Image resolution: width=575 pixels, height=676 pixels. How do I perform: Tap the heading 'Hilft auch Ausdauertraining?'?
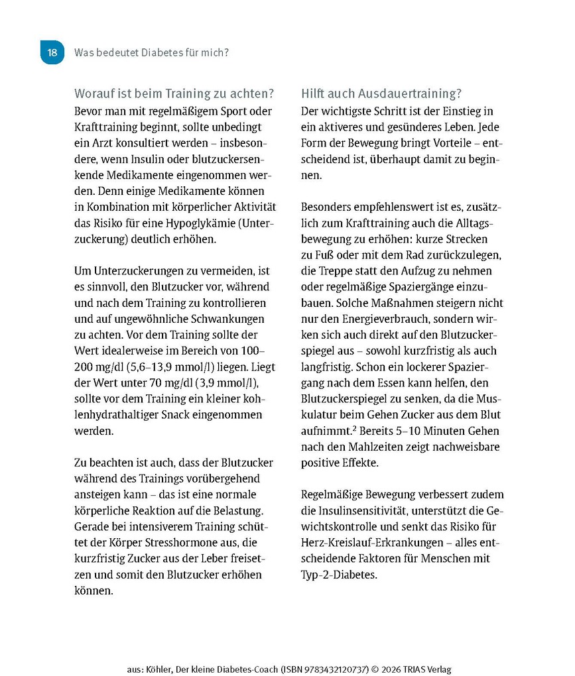click(x=381, y=93)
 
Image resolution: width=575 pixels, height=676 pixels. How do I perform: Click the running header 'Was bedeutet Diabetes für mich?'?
click(x=152, y=52)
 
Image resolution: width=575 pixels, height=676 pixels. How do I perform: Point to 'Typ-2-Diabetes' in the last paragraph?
click(x=339, y=575)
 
